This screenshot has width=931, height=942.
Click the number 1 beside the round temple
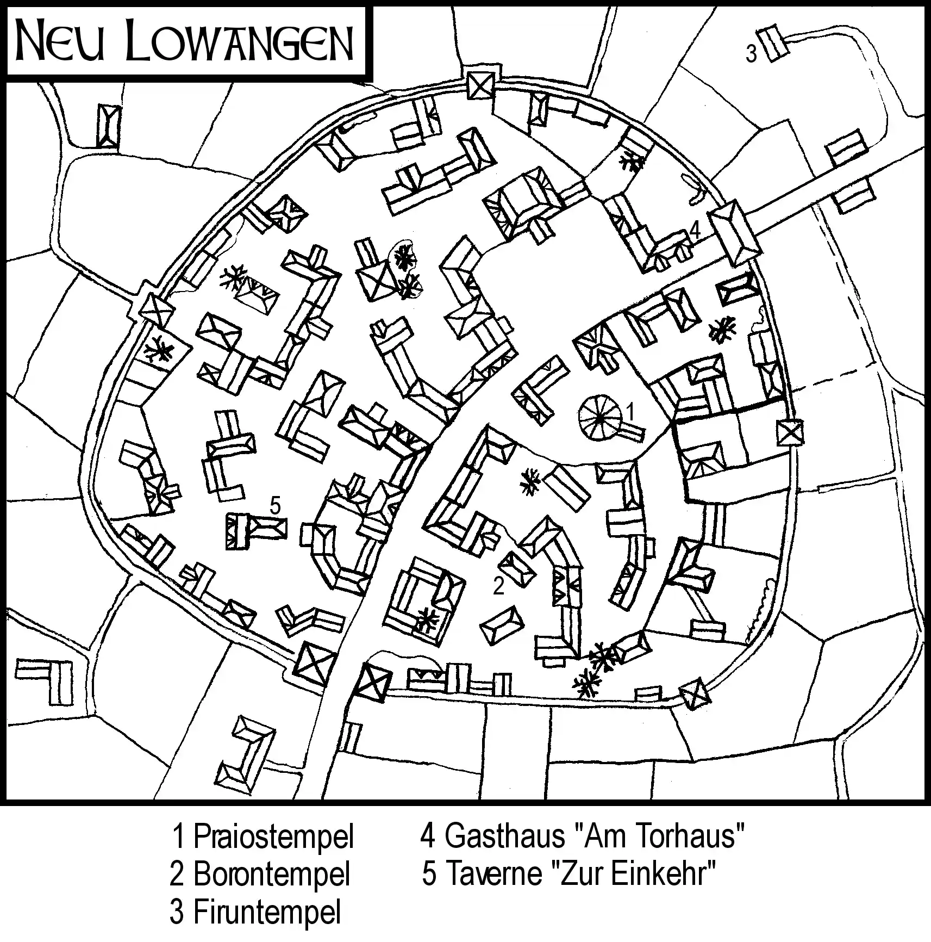[x=630, y=412]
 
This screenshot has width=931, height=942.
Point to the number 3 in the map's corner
[x=751, y=54]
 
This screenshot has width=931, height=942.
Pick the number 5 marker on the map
[x=275, y=506]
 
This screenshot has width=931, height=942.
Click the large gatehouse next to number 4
[x=736, y=233]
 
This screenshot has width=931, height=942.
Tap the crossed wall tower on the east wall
[x=790, y=433]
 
